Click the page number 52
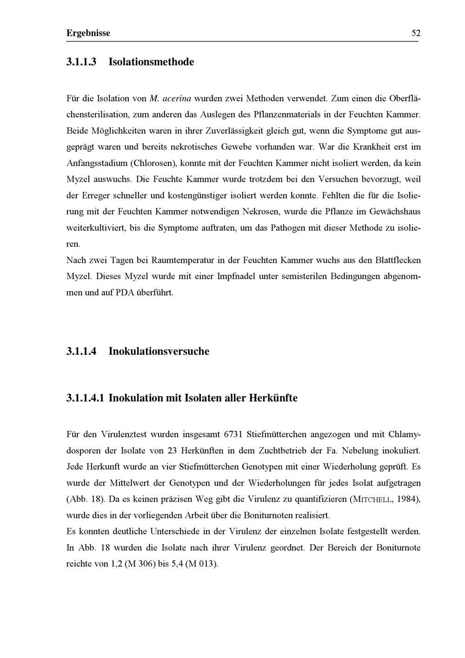pos(416,33)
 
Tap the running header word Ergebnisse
pos(88,33)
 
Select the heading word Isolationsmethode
pos(151,61)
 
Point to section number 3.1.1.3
pos(81,61)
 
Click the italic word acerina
pos(177,99)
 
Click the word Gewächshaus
pos(395,212)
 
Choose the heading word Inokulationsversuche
pos(159,351)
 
